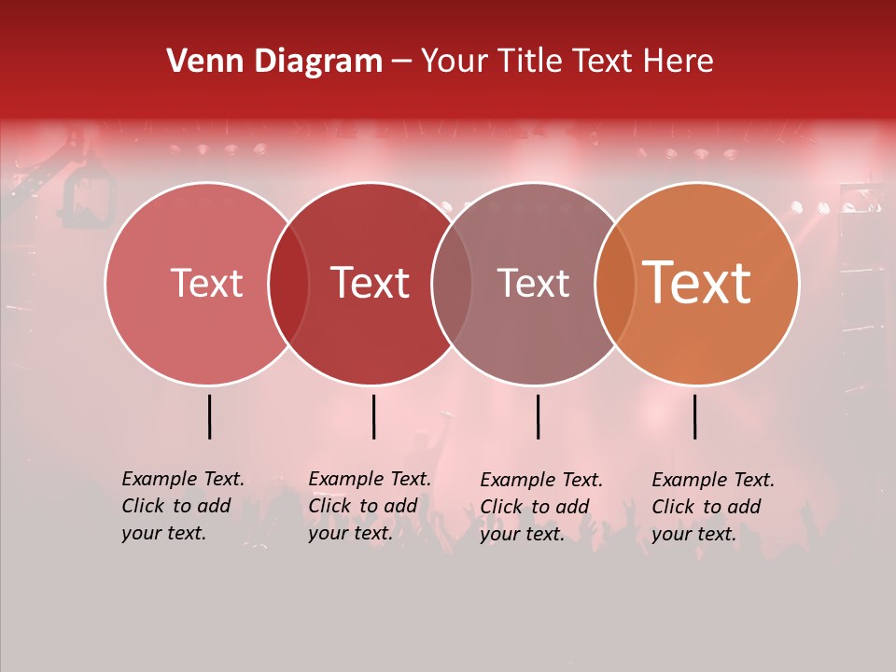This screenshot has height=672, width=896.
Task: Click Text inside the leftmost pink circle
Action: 206,284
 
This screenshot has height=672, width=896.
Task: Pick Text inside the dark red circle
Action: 370,284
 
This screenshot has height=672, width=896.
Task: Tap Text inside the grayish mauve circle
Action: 533,284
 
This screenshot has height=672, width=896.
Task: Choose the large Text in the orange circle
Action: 696,283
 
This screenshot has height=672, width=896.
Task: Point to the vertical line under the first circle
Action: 209,416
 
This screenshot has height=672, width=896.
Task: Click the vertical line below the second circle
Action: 373,416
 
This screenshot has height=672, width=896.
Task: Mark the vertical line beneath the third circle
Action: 538,416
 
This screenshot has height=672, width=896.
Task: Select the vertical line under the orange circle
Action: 694,416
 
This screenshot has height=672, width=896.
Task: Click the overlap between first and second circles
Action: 288,284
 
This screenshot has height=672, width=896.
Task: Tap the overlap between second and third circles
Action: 452,284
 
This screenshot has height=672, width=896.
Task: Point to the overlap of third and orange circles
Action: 614,284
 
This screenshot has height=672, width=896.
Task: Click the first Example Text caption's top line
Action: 183,479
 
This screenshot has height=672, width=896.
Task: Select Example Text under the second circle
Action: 370,479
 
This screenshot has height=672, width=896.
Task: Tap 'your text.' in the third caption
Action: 523,534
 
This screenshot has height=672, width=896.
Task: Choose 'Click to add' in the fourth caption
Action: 707,507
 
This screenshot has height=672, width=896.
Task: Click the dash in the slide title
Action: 401,62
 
